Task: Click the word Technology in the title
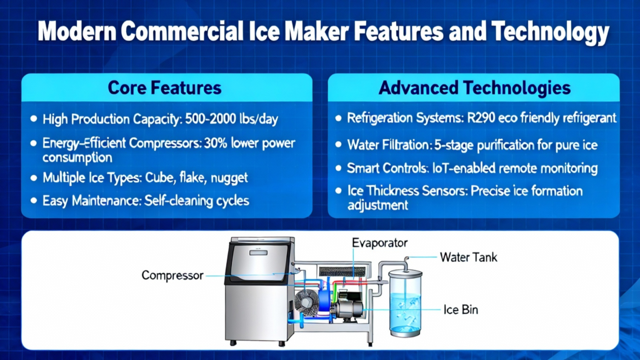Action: (550, 32)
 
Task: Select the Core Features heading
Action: (164, 87)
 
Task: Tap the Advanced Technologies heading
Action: (474, 87)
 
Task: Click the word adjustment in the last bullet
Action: (377, 205)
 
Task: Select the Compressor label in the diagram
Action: (172, 276)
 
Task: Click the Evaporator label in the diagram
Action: (379, 243)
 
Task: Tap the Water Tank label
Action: (469, 257)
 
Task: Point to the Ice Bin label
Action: (461, 310)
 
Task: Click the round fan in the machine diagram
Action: (306, 303)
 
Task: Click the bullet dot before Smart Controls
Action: (338, 168)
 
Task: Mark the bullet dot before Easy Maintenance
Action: (34, 201)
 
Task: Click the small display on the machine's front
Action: (258, 252)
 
